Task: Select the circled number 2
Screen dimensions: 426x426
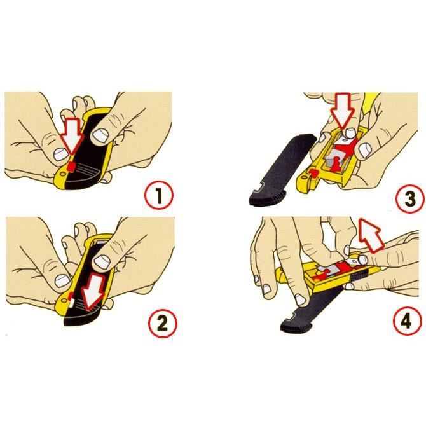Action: [x=163, y=323]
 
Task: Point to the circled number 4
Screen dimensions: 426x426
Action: [x=407, y=321]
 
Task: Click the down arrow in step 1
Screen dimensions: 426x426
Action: [x=72, y=135]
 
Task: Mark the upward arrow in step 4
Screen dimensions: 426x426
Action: [x=371, y=235]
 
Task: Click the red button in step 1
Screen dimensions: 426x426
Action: [x=71, y=167]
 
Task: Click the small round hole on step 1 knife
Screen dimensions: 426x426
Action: [x=63, y=174]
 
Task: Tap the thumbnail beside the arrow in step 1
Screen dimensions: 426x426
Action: [x=60, y=154]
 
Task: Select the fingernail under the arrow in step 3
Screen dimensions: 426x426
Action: [x=348, y=133]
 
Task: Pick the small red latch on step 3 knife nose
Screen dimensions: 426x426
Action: [x=314, y=173]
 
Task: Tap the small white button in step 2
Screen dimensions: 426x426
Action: [x=71, y=303]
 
